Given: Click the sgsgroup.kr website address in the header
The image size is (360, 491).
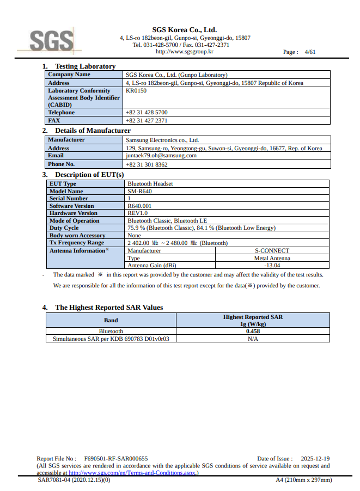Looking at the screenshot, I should click(184, 52).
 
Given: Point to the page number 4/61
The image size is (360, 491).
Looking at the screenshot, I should click(310, 52).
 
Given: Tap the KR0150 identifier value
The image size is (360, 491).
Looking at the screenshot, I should click(136, 91).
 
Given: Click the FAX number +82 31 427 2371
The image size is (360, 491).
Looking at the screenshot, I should click(147, 120).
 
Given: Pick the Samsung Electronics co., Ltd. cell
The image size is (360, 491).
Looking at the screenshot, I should click(162, 140).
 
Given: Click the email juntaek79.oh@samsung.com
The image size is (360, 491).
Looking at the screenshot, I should click(161, 156).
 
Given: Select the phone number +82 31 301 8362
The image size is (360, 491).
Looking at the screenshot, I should click(147, 164).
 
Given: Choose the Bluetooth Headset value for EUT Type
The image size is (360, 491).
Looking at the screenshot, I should click(150, 184).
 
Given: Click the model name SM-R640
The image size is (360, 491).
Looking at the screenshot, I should click(140, 192).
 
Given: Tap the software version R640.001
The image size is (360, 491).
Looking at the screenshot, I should click(139, 206).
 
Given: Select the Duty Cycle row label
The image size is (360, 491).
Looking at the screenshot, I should click(64, 228).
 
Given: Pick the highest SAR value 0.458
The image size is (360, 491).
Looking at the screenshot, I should click(253, 331).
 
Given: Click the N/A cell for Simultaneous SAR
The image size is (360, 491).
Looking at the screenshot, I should click(253, 339).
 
